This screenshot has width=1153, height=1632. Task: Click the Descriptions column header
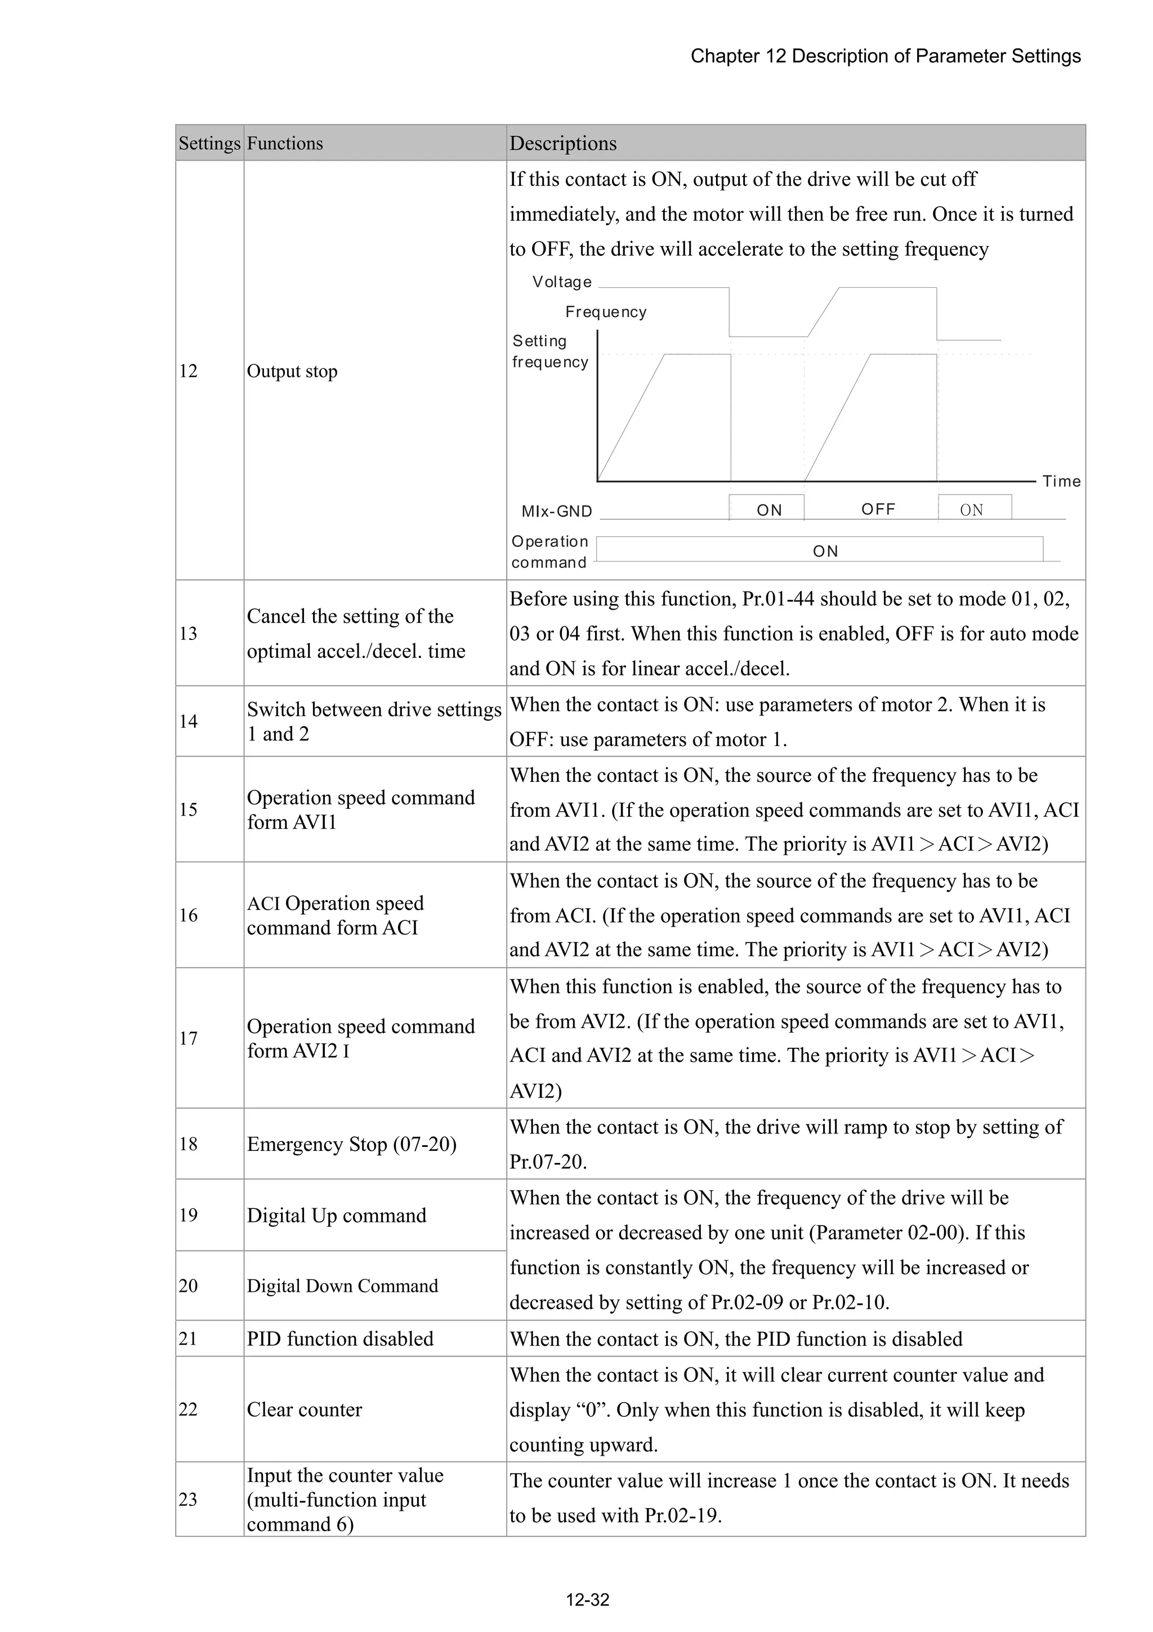click(562, 143)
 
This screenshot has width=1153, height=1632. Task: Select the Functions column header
click(284, 143)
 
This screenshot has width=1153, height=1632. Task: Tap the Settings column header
click(209, 143)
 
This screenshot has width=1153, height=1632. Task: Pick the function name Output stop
click(292, 371)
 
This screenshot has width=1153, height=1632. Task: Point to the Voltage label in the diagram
click(562, 282)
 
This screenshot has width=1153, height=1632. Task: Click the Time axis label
click(1061, 481)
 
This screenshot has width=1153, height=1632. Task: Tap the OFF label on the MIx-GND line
click(878, 509)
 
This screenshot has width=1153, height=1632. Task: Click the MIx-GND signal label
click(556, 511)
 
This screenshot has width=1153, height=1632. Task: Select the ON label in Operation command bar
click(825, 551)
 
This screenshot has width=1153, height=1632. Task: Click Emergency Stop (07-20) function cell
click(352, 1144)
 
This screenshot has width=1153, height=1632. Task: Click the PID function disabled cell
click(339, 1338)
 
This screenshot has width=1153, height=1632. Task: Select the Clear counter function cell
click(304, 1409)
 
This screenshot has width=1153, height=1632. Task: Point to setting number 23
click(188, 1499)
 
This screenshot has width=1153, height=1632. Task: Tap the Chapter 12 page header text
click(885, 56)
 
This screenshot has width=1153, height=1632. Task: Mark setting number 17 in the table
click(188, 1038)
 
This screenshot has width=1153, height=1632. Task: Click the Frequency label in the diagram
click(606, 312)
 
